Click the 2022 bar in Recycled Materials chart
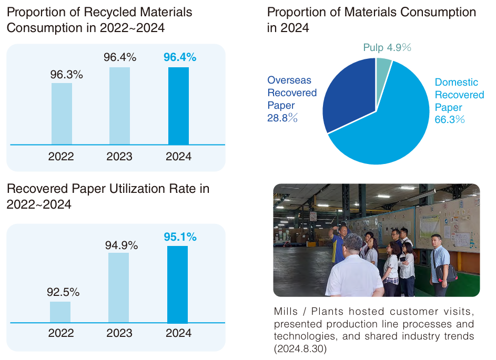point(62,114)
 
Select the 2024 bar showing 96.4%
point(178,106)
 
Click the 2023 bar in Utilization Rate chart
point(118,288)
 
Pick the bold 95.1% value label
point(180,237)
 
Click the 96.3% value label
point(67,75)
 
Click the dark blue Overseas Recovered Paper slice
point(348,95)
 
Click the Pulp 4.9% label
point(387,48)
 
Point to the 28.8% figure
point(282,118)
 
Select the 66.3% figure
point(450,120)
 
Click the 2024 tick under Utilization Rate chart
point(178,333)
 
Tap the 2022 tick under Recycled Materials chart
point(61,156)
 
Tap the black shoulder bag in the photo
point(446,273)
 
